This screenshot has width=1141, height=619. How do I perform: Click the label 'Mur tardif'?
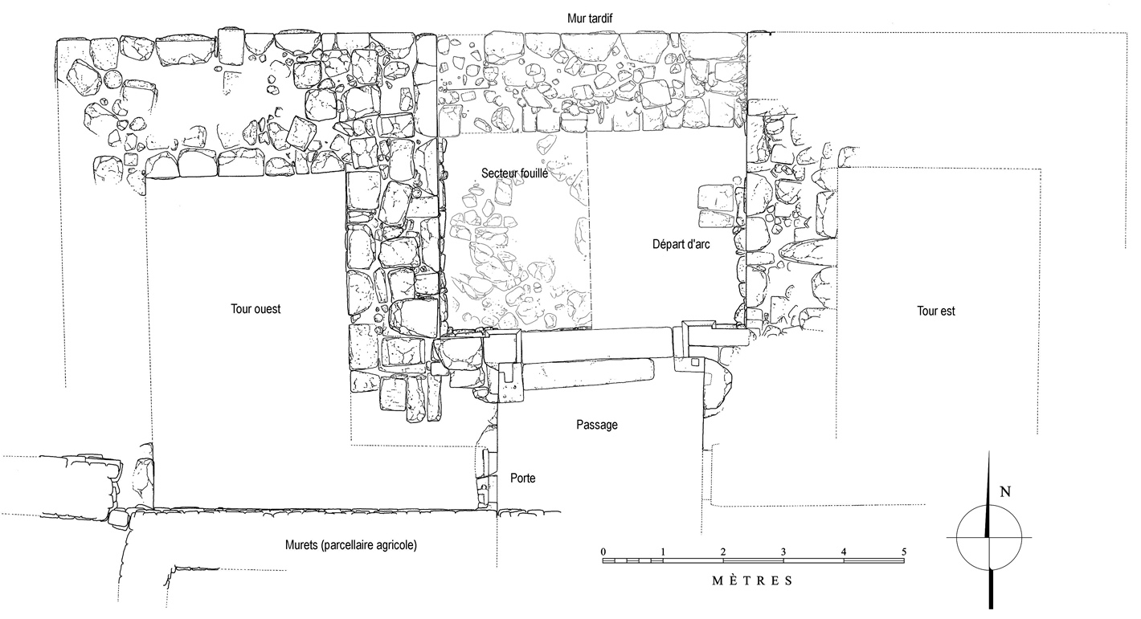591,18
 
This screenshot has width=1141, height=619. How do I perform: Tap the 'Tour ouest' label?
256,309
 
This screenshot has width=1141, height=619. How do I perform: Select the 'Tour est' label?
936,311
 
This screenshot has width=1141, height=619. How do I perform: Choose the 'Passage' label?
597,425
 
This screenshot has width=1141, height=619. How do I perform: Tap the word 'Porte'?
522,479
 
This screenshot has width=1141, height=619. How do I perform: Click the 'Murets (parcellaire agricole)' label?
350,545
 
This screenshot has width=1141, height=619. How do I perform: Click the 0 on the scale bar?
603,551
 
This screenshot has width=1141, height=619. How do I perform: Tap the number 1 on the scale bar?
663,551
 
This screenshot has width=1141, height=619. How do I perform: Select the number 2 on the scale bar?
723,551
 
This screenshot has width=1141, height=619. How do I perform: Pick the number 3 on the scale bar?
783,551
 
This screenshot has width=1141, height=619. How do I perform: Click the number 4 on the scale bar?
844,551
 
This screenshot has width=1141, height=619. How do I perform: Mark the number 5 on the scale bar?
904,551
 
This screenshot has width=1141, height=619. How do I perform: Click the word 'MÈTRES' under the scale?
752,580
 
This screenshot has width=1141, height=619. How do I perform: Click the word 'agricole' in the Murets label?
392,545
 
